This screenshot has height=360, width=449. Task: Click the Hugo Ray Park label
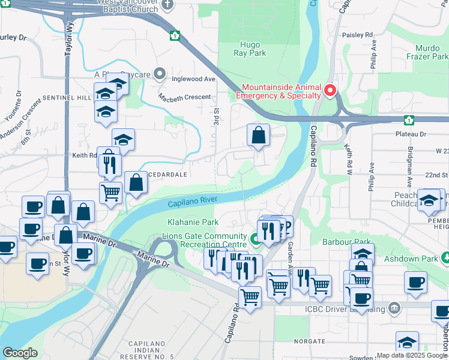pos(249,49)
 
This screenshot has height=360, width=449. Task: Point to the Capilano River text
pos(192,202)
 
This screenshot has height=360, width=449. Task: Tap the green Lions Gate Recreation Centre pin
pos(255,240)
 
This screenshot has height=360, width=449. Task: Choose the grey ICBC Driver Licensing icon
pos(395,309)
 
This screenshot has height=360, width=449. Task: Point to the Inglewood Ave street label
pos(193,79)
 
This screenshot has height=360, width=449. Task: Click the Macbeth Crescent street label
pos(185,97)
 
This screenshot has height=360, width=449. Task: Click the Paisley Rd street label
pos(357,35)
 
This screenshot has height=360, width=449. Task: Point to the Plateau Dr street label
pos(411,134)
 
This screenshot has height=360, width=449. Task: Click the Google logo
pos(20,353)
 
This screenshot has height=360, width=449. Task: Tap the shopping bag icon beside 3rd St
pos(258,136)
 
